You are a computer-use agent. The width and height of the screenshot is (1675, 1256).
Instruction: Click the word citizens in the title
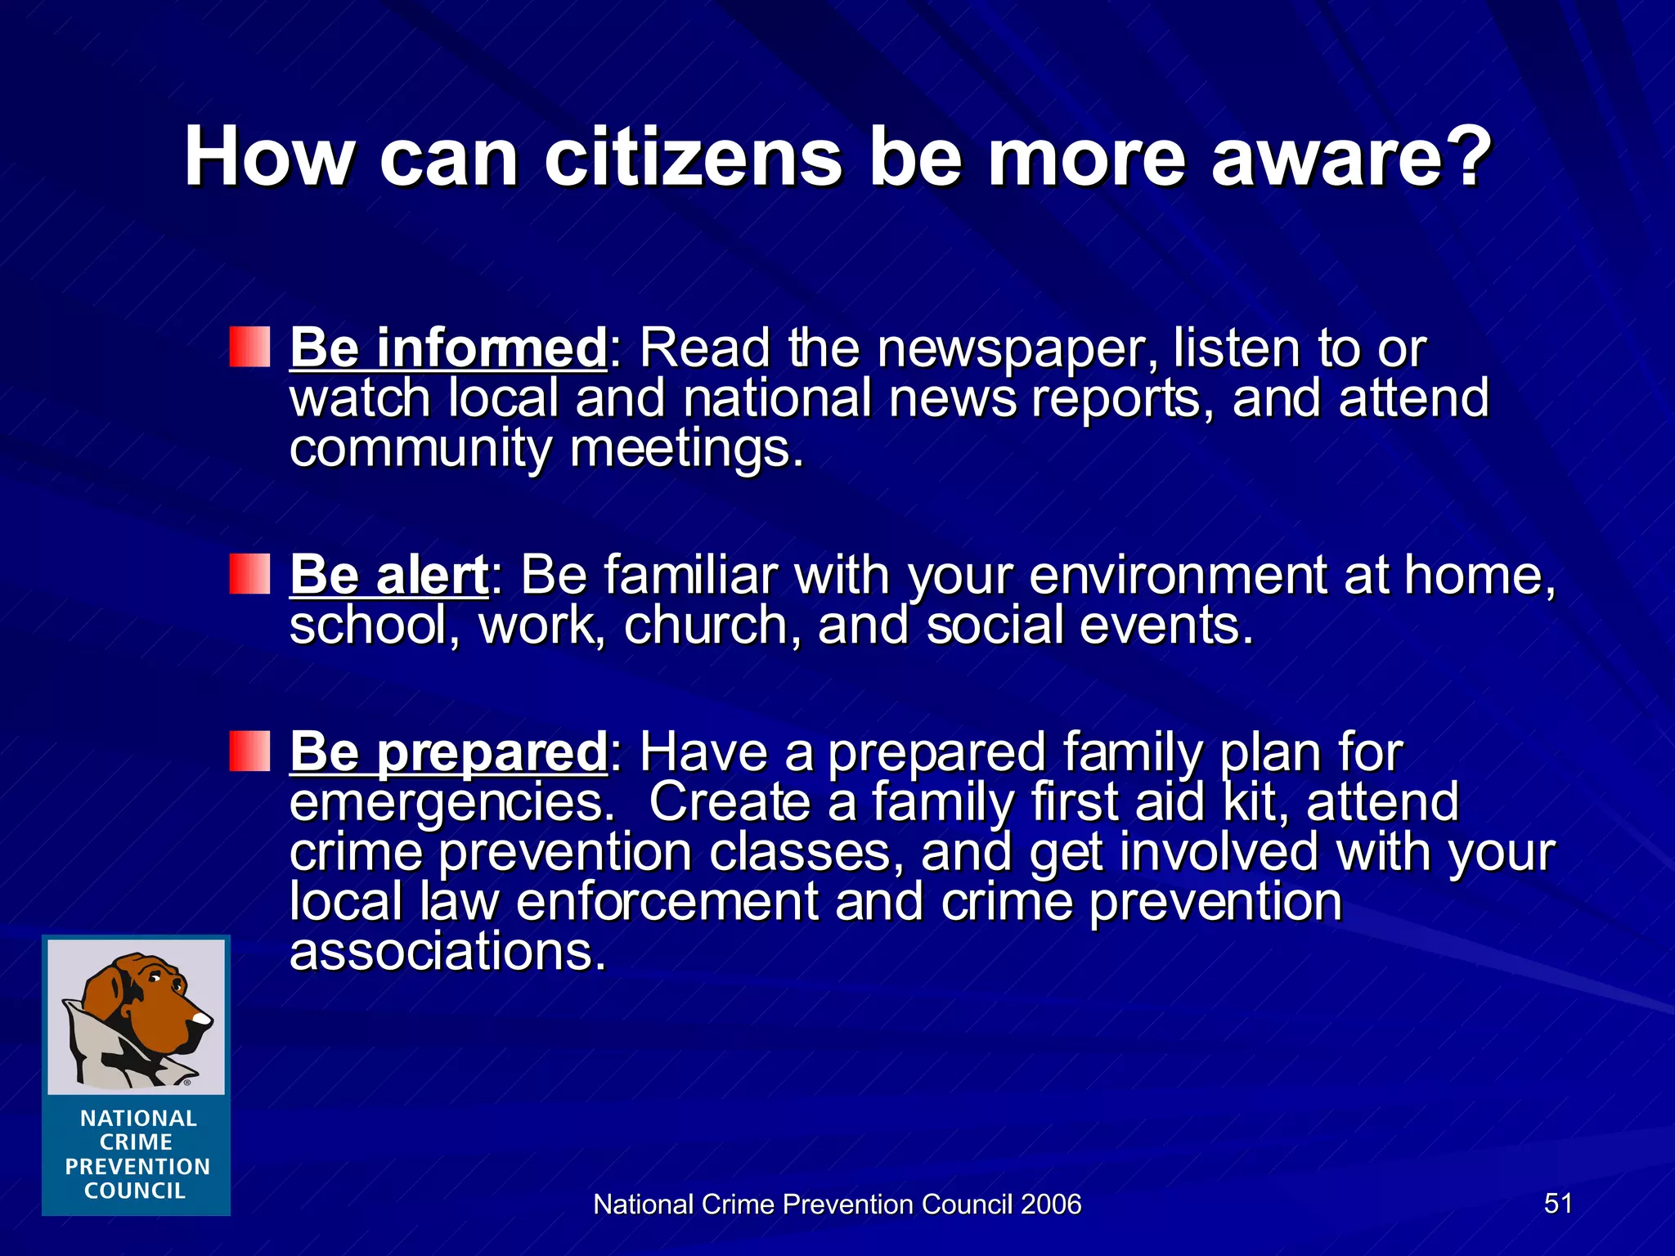pos(692,157)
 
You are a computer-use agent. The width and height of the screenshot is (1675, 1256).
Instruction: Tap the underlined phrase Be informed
pos(447,348)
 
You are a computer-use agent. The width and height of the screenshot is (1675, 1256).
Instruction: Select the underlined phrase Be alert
pos(388,574)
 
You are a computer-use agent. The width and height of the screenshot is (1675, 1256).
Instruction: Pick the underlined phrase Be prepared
pos(447,751)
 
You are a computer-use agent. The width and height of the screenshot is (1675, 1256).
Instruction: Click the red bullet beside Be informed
pos(249,347)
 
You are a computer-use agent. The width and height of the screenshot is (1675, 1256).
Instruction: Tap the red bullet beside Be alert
pos(249,573)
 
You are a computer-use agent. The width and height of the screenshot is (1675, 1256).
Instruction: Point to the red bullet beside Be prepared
pos(249,751)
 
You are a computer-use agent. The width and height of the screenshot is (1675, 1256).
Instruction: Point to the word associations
pos(447,952)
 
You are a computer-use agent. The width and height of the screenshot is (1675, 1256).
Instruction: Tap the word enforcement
pos(667,902)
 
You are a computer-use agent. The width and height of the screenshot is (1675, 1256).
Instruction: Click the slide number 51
pos(1558,1203)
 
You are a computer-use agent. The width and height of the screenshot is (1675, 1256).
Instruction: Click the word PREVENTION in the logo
pos(137,1167)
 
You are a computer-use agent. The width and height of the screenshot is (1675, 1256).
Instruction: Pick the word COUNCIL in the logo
pos(136,1191)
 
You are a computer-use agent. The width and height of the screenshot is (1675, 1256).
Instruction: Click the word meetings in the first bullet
pos(685,449)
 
